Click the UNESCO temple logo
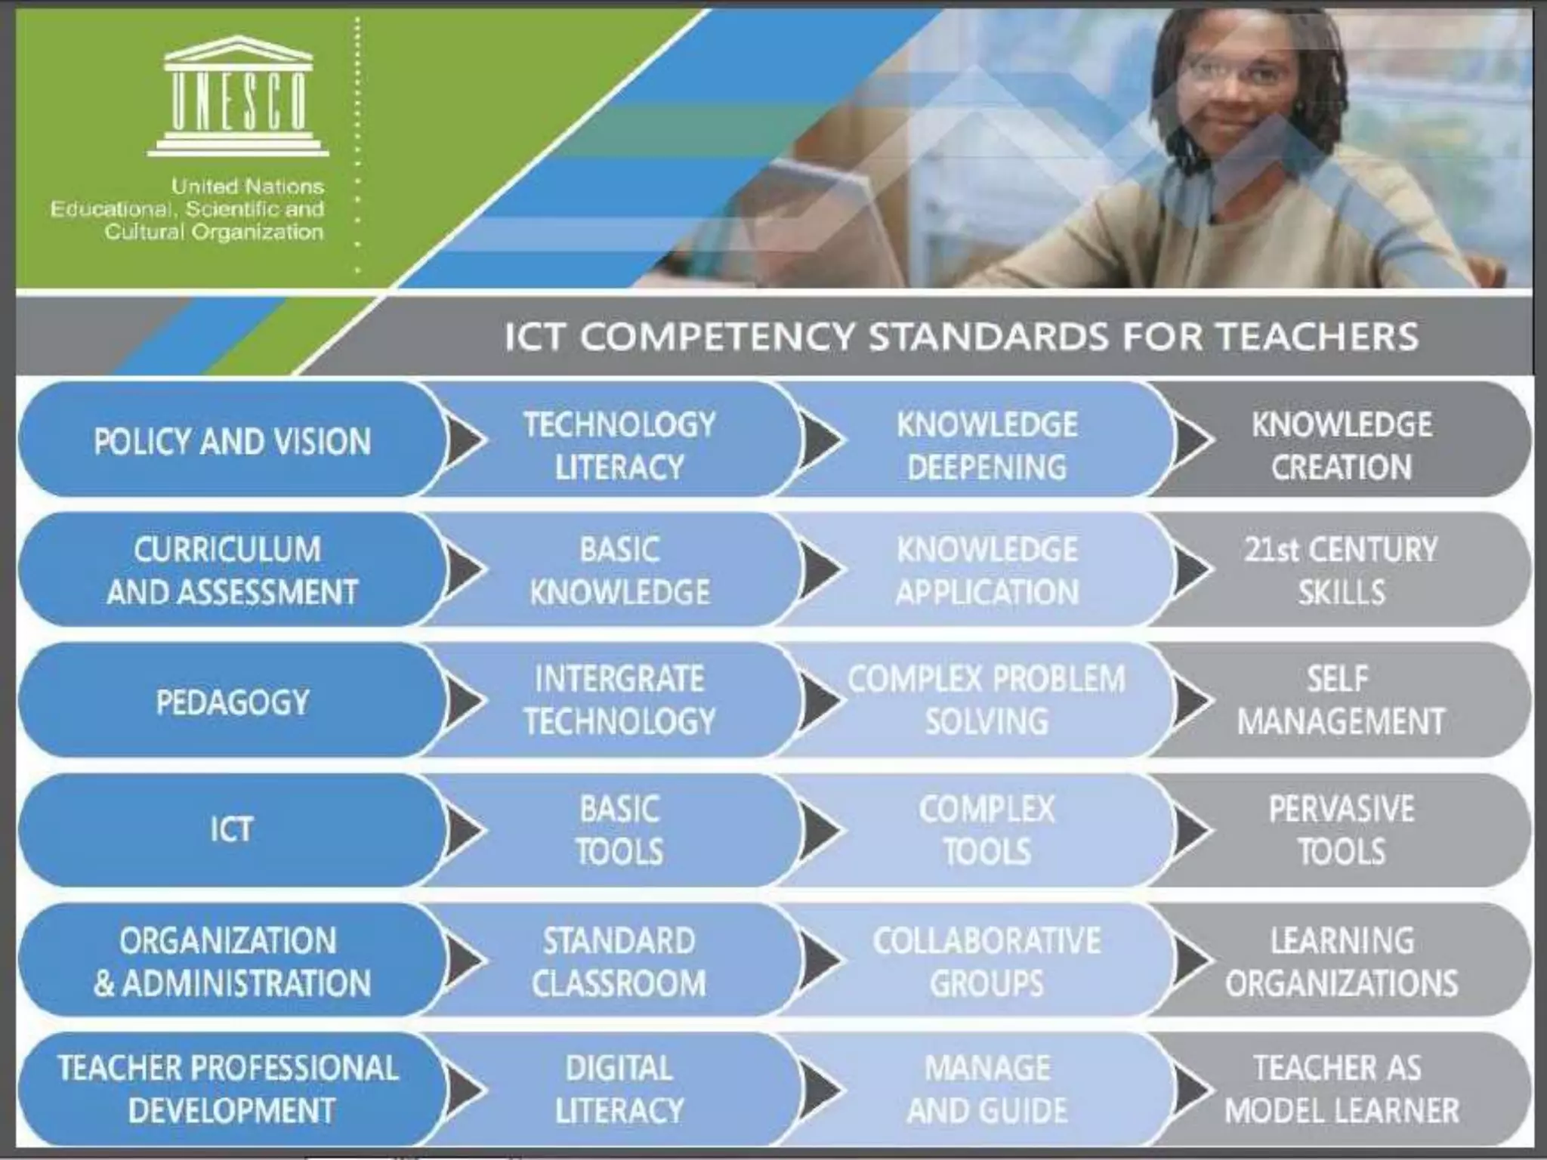coord(238,96)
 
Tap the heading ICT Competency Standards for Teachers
coord(961,336)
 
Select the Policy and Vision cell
coord(232,442)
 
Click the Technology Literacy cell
coord(619,446)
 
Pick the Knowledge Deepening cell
coord(987,446)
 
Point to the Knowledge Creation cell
coord(1342,446)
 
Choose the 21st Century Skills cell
coord(1342,571)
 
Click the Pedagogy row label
coord(232,702)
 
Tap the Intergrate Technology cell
coord(619,700)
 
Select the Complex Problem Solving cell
coord(987,700)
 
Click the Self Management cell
coord(1340,700)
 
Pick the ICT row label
coord(231,830)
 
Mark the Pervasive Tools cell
coord(1342,830)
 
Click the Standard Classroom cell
coord(619,961)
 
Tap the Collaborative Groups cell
coord(987,961)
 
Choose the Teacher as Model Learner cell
coord(1342,1089)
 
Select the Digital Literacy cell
coord(619,1089)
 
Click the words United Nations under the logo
coord(248,186)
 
